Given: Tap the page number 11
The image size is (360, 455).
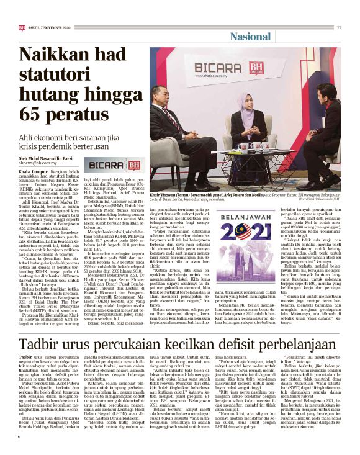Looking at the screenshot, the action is [x=339, y=27].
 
